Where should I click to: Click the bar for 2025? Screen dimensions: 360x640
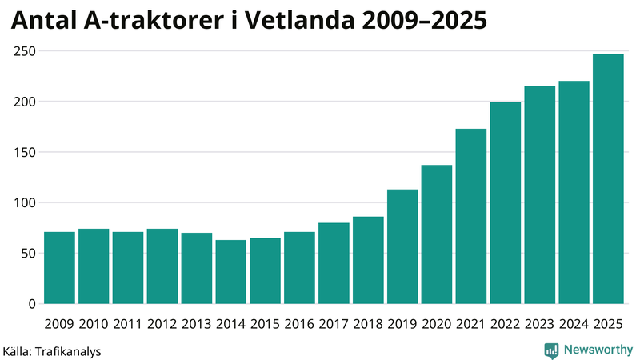click(x=608, y=179)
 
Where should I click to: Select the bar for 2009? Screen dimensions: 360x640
click(x=59, y=268)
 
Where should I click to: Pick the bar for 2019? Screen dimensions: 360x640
click(x=402, y=246)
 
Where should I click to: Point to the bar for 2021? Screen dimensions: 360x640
click(x=471, y=216)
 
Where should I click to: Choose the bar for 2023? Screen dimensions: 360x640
click(x=539, y=195)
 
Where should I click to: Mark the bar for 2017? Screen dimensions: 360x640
click(x=334, y=263)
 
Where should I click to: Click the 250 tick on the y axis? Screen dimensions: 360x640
click(x=26, y=51)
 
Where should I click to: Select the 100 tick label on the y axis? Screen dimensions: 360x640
click(x=26, y=203)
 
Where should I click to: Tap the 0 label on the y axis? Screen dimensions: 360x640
click(x=32, y=304)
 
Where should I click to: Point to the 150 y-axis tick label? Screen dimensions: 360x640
click(x=26, y=153)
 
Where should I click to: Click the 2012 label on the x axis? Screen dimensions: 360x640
click(x=162, y=324)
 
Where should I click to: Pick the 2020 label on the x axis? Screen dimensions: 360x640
click(x=437, y=324)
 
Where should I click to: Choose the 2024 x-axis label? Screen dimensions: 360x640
click(x=574, y=324)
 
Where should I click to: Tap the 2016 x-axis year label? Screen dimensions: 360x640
click(x=299, y=324)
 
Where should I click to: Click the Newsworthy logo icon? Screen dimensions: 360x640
click(x=551, y=350)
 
